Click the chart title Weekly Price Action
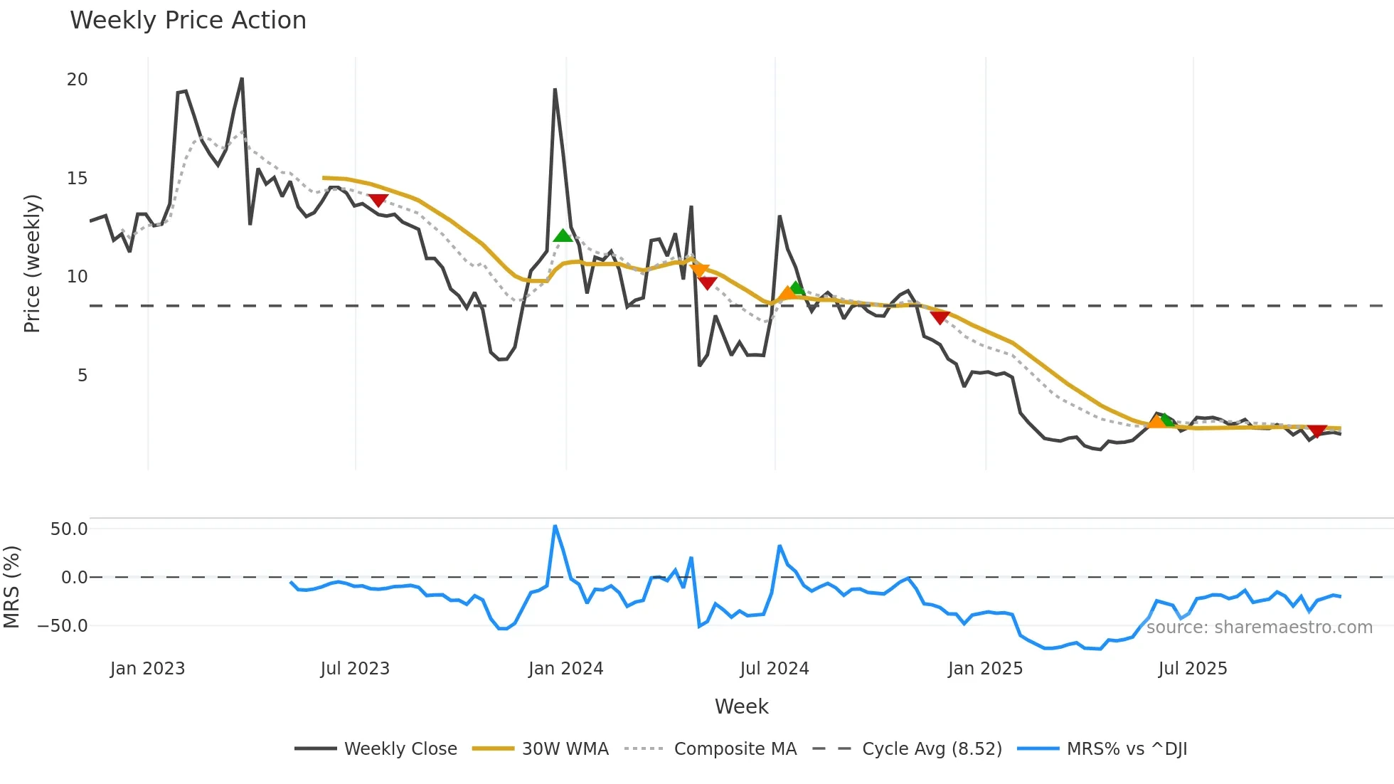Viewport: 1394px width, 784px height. click(x=188, y=21)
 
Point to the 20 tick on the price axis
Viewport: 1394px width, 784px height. click(x=77, y=80)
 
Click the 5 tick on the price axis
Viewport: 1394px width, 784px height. click(x=83, y=376)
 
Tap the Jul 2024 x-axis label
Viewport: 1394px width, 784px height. click(x=774, y=669)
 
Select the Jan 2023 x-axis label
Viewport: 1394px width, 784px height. click(x=147, y=669)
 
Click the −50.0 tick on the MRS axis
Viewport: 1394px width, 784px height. click(x=63, y=626)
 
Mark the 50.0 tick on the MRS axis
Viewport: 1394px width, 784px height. click(x=69, y=529)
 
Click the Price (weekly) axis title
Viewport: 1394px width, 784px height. click(x=32, y=263)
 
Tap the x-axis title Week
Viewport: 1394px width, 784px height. click(x=741, y=706)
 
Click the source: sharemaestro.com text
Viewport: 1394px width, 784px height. click(x=1259, y=627)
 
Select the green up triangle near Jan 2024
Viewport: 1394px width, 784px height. click(x=563, y=235)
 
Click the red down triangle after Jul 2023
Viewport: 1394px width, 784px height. click(x=378, y=201)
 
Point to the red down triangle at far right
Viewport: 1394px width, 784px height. click(x=1317, y=431)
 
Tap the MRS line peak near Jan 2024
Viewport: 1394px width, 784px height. click(x=555, y=526)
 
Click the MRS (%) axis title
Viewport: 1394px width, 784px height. click(x=11, y=587)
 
